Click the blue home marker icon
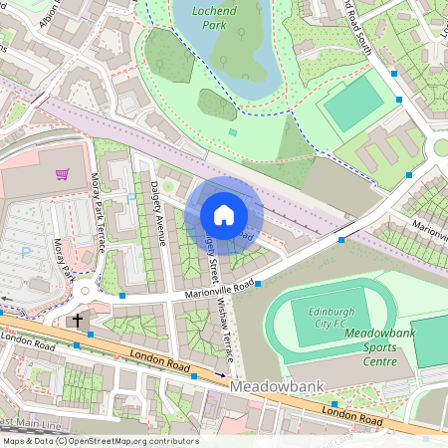[x=224, y=215]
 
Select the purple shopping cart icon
[x=63, y=174]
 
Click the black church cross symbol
[x=77, y=321]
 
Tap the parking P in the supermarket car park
[x=25, y=253]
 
